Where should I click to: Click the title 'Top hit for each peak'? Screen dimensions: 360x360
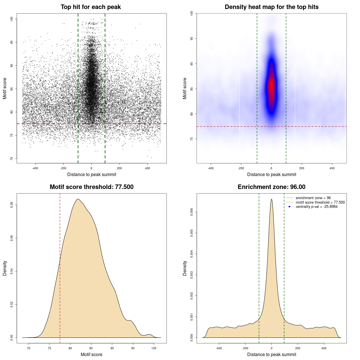[91, 7]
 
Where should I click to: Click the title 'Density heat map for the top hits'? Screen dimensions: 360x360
[271, 7]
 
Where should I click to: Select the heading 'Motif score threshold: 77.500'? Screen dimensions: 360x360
[91, 187]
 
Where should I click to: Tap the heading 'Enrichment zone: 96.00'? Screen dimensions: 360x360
[271, 187]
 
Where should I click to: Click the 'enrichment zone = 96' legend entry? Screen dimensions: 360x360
[313, 198]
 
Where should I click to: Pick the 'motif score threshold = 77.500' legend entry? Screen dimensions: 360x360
[320, 202]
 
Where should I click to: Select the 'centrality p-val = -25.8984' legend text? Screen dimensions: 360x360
[316, 207]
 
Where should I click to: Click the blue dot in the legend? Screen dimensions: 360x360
[289, 207]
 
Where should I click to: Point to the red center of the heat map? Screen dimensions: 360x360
[271, 84]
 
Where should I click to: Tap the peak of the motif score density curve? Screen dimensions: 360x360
[78, 199]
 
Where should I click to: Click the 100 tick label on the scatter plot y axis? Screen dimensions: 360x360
[12, 19]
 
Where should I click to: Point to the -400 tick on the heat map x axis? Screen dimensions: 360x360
[211, 168]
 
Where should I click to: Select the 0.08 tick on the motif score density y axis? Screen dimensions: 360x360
[12, 205]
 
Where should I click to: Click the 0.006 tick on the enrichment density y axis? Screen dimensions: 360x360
[192, 212]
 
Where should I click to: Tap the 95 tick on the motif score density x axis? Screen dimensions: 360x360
[133, 348]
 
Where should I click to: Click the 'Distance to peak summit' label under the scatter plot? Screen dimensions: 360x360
[92, 174]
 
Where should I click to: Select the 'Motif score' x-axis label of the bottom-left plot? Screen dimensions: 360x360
[91, 354]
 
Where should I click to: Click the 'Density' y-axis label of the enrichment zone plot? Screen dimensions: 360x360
[185, 268]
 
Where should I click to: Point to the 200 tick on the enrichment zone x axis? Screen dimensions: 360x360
[298, 348]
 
